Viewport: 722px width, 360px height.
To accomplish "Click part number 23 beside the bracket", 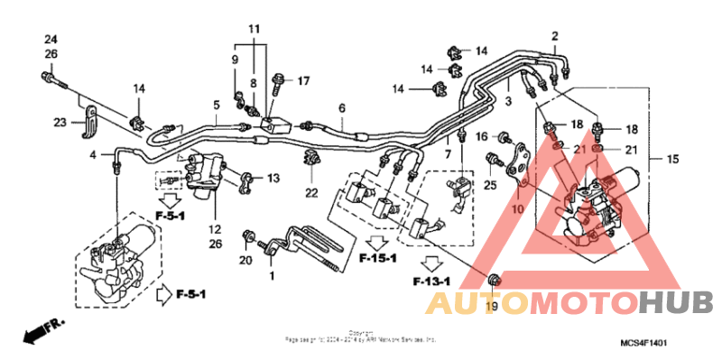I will click(x=60, y=123).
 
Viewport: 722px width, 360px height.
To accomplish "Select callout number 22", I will click(x=311, y=192).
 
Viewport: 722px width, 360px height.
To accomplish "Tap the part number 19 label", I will click(x=491, y=308).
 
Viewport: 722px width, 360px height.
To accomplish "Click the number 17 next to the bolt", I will click(x=303, y=81).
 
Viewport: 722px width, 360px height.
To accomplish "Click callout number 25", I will click(x=490, y=186).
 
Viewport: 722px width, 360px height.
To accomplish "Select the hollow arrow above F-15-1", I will click(x=377, y=241).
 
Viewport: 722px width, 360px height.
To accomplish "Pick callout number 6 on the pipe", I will click(x=342, y=109).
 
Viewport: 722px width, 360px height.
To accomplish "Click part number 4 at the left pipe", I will click(x=93, y=156).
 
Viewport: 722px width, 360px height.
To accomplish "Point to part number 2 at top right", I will click(x=554, y=36).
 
